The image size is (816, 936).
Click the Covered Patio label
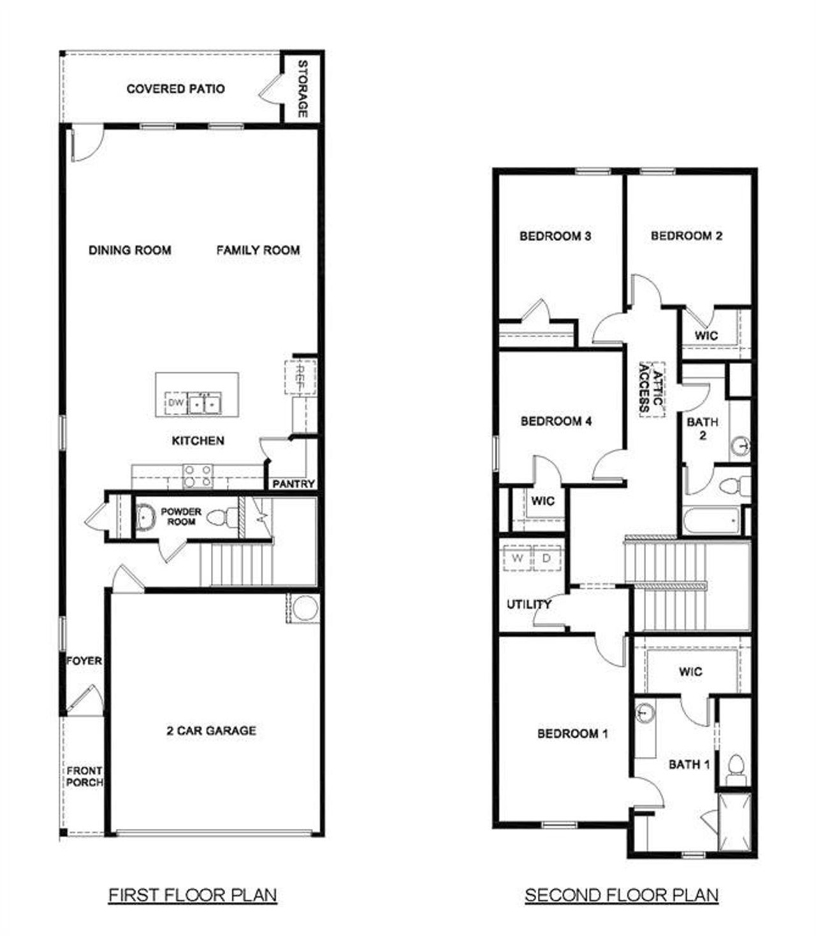(175, 89)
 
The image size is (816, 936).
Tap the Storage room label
(303, 89)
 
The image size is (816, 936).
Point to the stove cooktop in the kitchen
(198, 476)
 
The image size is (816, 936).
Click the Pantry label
(293, 484)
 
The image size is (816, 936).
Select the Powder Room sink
(145, 517)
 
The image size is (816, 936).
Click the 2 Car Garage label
(211, 731)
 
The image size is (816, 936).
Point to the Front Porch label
(84, 776)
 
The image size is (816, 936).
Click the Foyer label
(84, 661)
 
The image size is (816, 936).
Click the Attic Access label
(652, 389)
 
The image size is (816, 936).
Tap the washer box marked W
(518, 559)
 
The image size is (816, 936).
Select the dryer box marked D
(546, 559)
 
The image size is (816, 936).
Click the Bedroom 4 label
(556, 421)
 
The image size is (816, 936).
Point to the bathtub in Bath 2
(711, 521)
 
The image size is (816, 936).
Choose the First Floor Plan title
(193, 895)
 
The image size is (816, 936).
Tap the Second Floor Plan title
(622, 895)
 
